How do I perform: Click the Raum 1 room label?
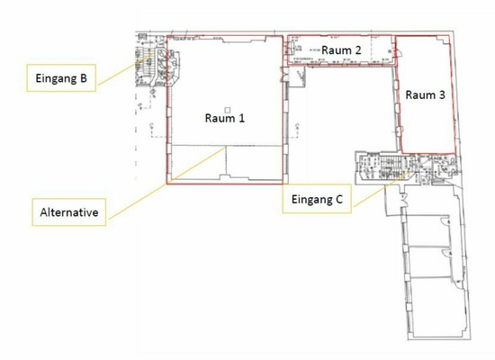tap(225, 118)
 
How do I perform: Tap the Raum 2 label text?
tap(341, 49)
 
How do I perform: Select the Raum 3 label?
tap(425, 94)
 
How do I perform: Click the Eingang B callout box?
tap(61, 78)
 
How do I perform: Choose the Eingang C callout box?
tap(317, 199)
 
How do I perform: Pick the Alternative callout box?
tap(68, 212)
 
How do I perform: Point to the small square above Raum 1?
tap(228, 110)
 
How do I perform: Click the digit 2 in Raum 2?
tap(358, 49)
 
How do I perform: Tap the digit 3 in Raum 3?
tap(442, 94)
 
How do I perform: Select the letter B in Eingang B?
tap(84, 78)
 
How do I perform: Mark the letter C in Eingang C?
tap(339, 199)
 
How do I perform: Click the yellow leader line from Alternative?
tap(167, 183)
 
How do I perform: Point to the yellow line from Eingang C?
tap(382, 189)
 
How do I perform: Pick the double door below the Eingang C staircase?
tap(403, 199)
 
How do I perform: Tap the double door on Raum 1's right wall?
tap(285, 75)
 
